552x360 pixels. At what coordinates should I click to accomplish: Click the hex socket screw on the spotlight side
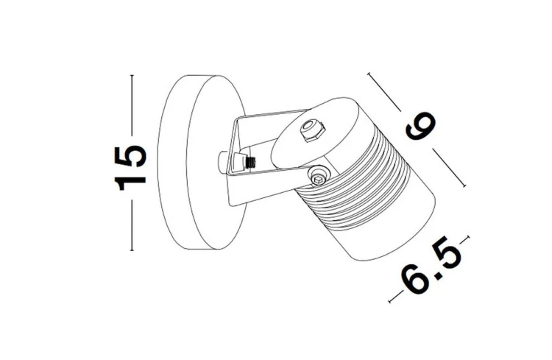[x=318, y=175]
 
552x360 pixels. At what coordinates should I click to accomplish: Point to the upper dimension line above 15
[x=132, y=103]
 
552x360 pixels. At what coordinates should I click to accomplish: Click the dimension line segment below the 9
[x=451, y=169]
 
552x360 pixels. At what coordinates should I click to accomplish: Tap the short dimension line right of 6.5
[x=464, y=239]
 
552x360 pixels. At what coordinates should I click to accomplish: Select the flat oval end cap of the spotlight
[x=302, y=139]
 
